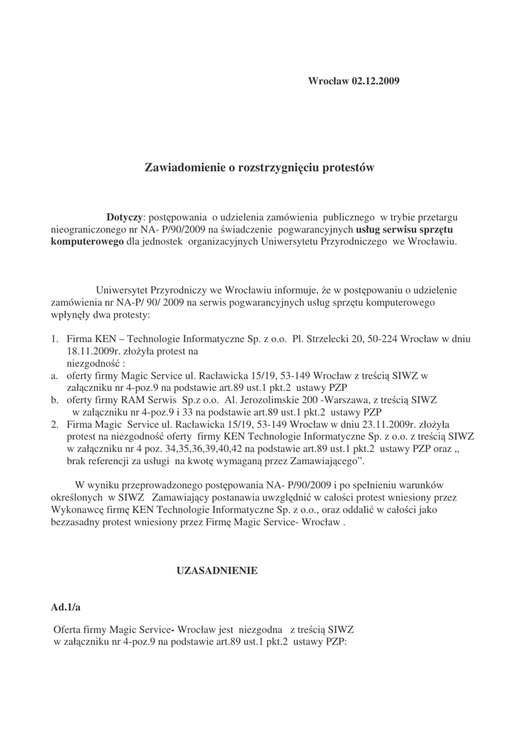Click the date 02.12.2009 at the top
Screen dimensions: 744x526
374,81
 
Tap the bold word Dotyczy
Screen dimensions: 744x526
126,217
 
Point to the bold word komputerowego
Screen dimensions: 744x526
87,241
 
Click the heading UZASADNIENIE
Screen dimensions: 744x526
217,572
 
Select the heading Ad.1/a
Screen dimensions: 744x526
65,606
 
